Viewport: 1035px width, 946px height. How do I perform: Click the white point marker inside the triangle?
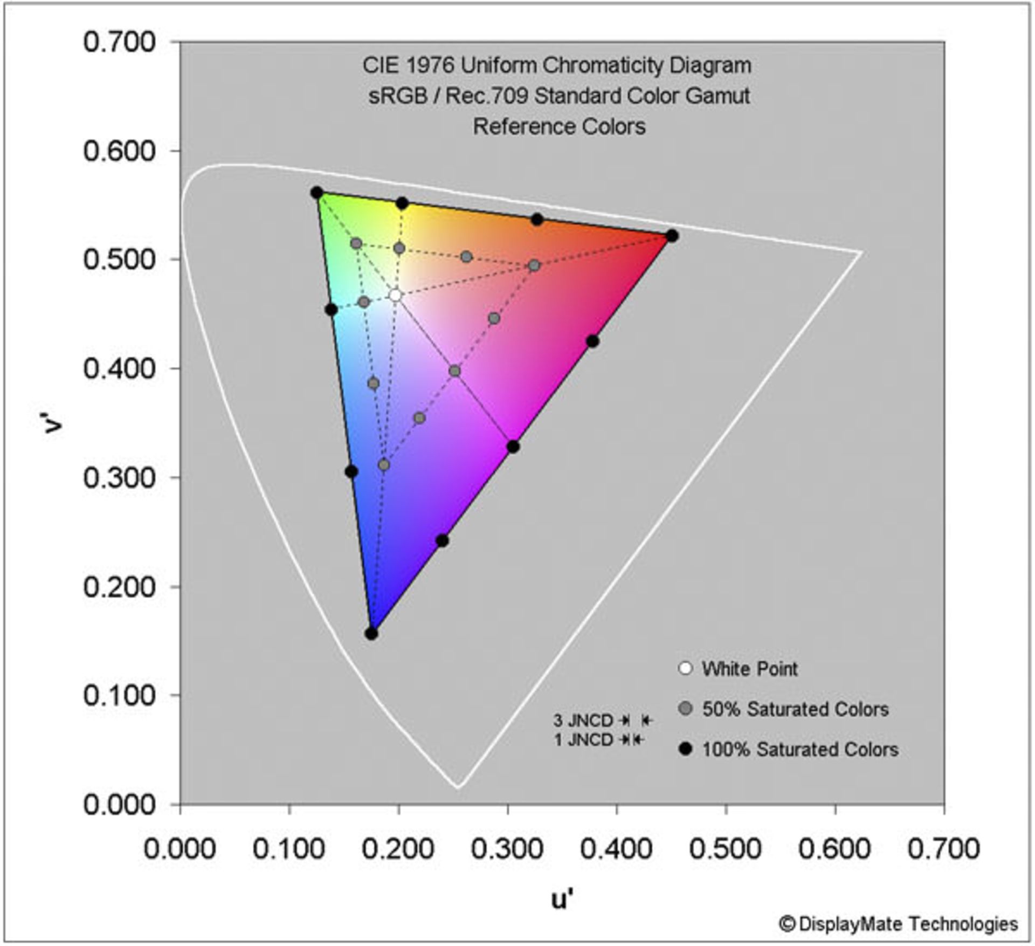pyautogui.click(x=396, y=295)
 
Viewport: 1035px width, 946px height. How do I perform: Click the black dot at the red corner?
pyautogui.click(x=672, y=236)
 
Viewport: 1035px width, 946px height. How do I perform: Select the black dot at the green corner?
pyautogui.click(x=317, y=193)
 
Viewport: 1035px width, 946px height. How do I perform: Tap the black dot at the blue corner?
pyautogui.click(x=371, y=633)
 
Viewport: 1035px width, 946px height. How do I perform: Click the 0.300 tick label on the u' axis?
pyautogui.click(x=507, y=848)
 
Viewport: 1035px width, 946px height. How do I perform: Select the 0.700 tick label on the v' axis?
pyautogui.click(x=119, y=42)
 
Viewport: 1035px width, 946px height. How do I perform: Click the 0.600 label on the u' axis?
pyautogui.click(x=834, y=848)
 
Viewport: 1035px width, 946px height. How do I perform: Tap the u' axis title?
pyautogui.click(x=562, y=900)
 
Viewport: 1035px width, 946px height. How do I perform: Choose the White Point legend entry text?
pyautogui.click(x=749, y=669)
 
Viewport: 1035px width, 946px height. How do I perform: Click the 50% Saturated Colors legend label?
pyautogui.click(x=795, y=709)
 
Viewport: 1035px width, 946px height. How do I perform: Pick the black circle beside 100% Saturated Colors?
pyautogui.click(x=686, y=749)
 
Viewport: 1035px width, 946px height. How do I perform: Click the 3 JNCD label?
pyautogui.click(x=583, y=720)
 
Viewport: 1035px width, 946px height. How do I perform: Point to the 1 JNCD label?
pyautogui.click(x=583, y=739)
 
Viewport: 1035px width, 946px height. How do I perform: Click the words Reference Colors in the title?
pyautogui.click(x=559, y=127)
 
